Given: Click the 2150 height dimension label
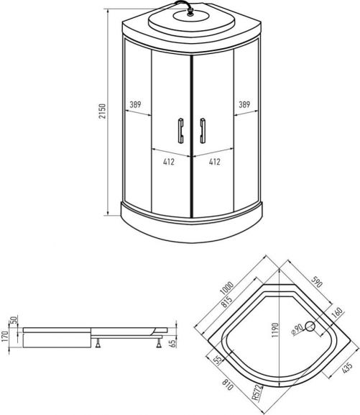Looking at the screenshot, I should pyautogui.click(x=103, y=111).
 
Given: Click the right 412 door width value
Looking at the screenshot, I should pyautogui.click(x=213, y=162).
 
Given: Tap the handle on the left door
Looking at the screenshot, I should pyautogui.click(x=180, y=132).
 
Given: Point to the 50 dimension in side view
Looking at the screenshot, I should pyautogui.click(x=13, y=320).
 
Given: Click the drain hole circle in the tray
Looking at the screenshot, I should pyautogui.click(x=310, y=327).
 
